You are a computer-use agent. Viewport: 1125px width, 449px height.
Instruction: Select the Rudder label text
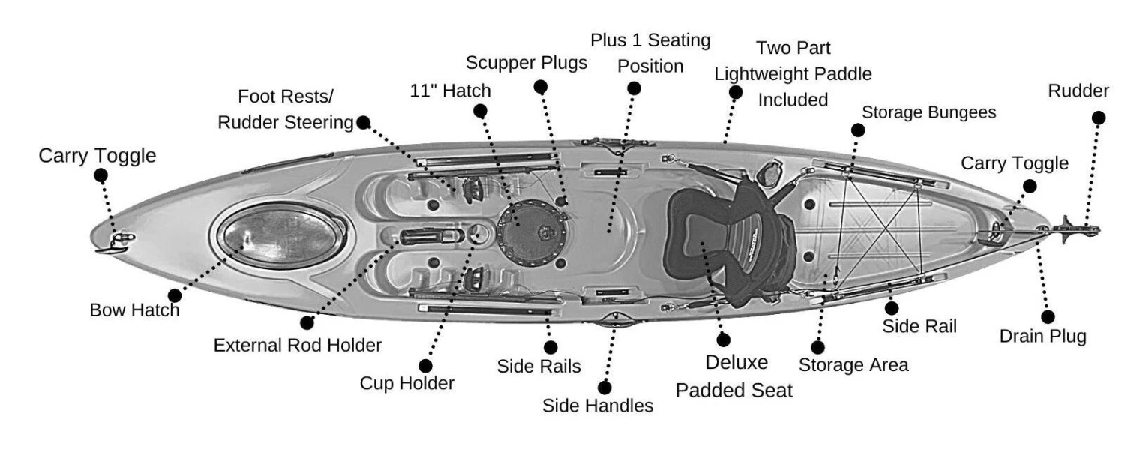pyautogui.click(x=1078, y=91)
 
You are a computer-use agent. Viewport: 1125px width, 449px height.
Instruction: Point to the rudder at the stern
pyautogui.click(x=1078, y=226)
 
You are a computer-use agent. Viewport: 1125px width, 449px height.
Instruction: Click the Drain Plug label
pyautogui.click(x=1042, y=337)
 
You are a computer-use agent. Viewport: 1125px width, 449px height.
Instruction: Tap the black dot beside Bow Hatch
pyautogui.click(x=175, y=295)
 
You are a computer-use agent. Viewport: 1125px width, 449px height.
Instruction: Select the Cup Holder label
pyautogui.click(x=407, y=384)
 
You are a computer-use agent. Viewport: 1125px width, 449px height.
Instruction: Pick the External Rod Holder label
pyautogui.click(x=298, y=346)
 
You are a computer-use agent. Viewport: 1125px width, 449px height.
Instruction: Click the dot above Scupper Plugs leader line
pyautogui.click(x=540, y=87)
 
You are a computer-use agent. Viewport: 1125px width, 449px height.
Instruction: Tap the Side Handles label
pyautogui.click(x=598, y=406)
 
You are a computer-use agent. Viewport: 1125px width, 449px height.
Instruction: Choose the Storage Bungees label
pyautogui.click(x=928, y=113)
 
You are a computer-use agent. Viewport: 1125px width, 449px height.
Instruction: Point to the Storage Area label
pyautogui.click(x=853, y=365)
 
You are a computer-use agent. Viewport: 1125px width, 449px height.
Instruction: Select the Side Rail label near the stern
pyautogui.click(x=919, y=326)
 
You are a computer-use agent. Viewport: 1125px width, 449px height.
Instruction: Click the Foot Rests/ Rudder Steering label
pyautogui.click(x=286, y=110)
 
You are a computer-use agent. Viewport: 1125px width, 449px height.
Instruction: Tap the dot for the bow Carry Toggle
pyautogui.click(x=100, y=175)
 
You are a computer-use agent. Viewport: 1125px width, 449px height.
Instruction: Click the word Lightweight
pyautogui.click(x=793, y=74)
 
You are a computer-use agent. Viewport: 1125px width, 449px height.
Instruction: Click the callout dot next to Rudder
pyautogui.click(x=1098, y=118)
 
